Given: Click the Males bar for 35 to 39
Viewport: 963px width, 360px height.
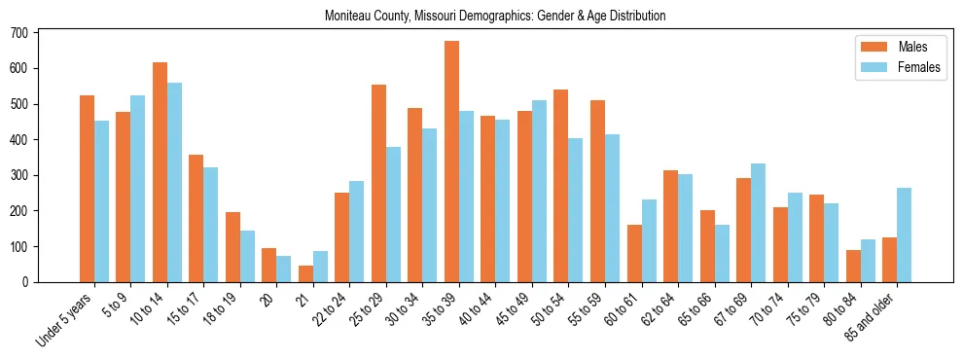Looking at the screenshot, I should click(451, 162).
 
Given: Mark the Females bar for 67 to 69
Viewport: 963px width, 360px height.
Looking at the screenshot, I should click(759, 223).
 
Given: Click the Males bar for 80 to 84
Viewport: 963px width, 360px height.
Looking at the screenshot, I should click(853, 266).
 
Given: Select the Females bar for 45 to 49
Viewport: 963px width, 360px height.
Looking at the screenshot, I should click(539, 191).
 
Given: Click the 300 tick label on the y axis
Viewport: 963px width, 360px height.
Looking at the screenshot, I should click(18, 175).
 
